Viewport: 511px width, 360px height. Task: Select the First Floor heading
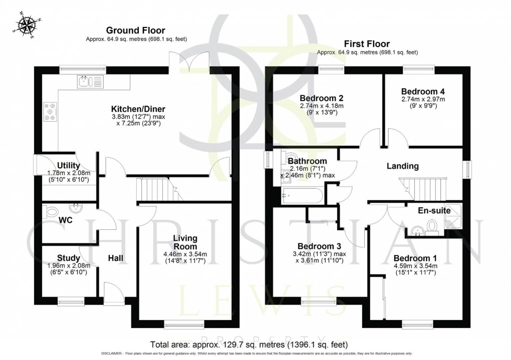pos(367,44)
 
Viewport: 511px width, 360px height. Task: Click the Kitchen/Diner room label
pos(138,109)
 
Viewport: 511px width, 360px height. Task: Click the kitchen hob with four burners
pos(51,112)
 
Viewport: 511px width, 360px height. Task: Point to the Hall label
pos(116,258)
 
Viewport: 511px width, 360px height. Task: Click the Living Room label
pos(185,242)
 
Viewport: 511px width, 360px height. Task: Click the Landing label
pos(402,166)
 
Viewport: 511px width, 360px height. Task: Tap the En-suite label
pos(434,211)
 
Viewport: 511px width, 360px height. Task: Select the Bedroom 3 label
pos(319,246)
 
